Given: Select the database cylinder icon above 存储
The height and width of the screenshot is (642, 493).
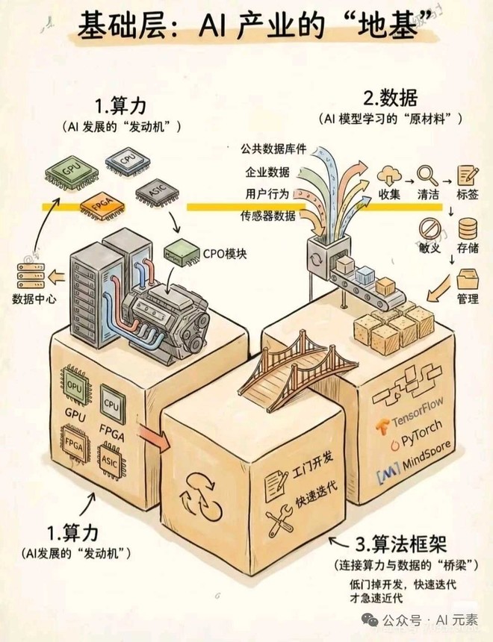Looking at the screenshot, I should point(468,228).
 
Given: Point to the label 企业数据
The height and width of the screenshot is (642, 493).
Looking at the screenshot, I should point(269,172).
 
